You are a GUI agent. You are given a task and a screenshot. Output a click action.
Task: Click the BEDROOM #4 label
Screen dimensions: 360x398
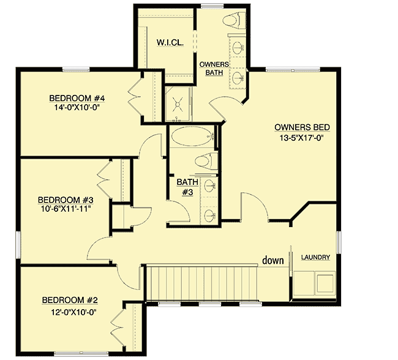(78, 98)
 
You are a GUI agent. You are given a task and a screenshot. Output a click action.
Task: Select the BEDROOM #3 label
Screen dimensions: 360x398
(66, 200)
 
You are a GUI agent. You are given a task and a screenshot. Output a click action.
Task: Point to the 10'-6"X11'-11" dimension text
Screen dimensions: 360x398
(64, 209)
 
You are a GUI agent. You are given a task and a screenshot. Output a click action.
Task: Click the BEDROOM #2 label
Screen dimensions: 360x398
(70, 300)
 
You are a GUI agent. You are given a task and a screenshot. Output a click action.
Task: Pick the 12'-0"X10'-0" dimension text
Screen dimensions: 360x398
(70, 310)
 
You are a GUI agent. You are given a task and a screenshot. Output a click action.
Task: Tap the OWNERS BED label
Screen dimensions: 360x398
(302, 127)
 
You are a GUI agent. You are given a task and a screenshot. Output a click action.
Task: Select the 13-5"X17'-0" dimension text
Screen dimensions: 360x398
(302, 138)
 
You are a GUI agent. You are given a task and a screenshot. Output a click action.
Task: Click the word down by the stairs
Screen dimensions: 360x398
(273, 260)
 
